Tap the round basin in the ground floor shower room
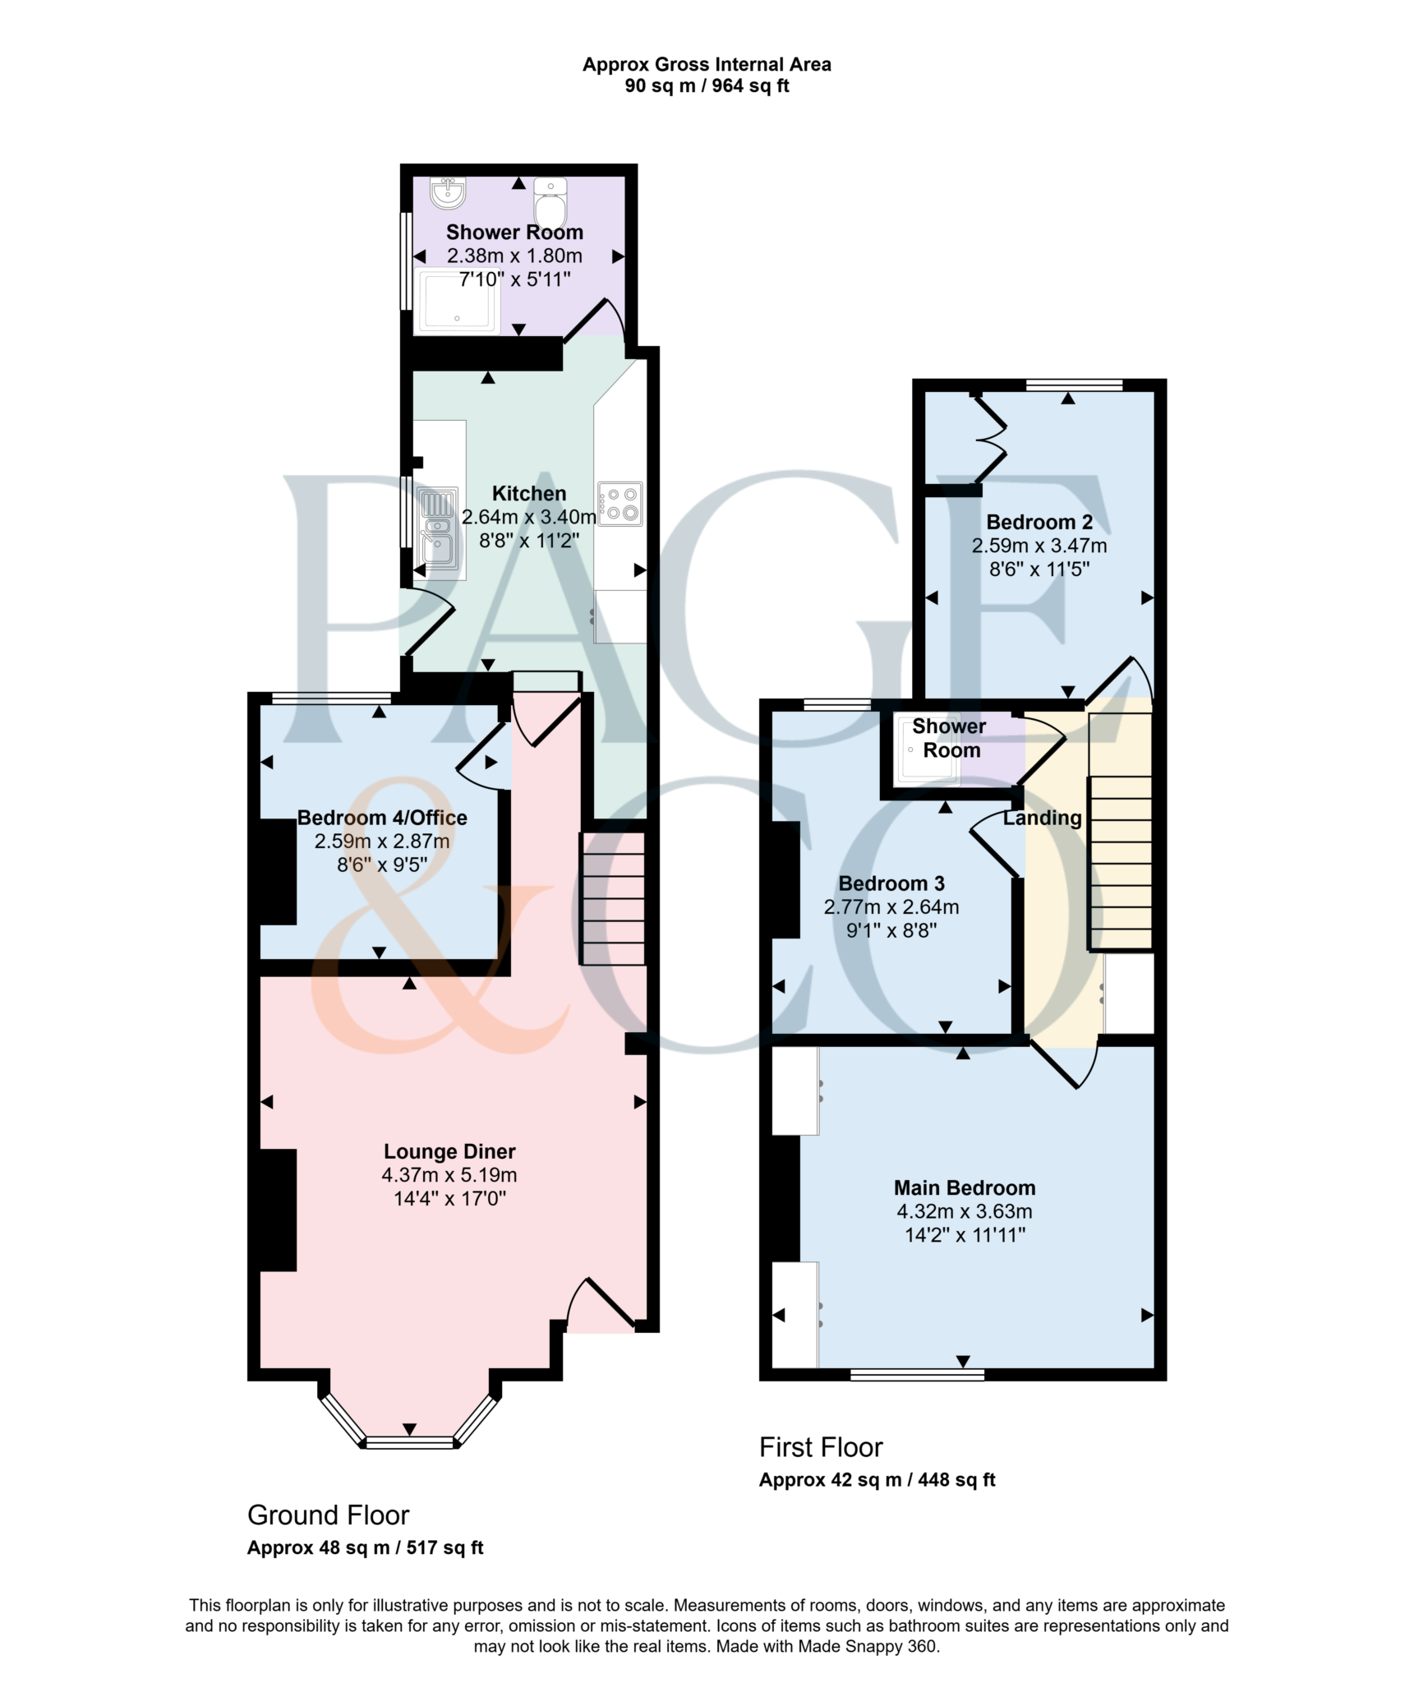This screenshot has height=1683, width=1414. click(x=448, y=193)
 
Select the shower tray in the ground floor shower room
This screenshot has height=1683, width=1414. click(x=458, y=301)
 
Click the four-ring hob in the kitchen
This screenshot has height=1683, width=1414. click(x=620, y=504)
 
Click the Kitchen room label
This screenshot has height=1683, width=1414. click(x=528, y=494)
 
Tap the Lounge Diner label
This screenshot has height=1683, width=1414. click(x=449, y=1151)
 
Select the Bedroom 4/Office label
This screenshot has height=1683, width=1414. click(x=382, y=818)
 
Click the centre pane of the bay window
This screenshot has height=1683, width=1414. click(x=409, y=1441)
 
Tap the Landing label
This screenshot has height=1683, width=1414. click(x=1042, y=818)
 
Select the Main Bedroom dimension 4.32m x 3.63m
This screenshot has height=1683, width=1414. click(x=965, y=1211)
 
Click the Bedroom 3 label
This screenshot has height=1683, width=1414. click(x=891, y=883)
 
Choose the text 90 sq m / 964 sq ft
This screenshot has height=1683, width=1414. click(x=707, y=86)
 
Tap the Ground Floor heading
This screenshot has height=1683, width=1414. click(x=328, y=1515)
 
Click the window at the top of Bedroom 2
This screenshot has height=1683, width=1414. click(x=1074, y=385)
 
